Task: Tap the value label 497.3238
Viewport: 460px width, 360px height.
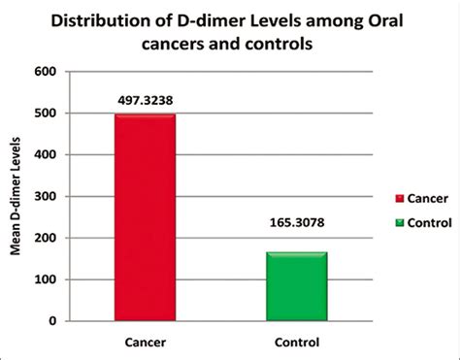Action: [145, 97]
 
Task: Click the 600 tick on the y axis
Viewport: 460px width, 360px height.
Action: [46, 72]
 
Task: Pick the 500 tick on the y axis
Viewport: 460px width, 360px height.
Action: [46, 114]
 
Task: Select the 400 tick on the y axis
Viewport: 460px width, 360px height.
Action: [46, 155]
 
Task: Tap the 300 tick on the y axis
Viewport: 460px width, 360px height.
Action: [46, 197]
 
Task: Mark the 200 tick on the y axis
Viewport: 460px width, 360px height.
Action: [46, 238]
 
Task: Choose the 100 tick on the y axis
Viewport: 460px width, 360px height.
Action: [46, 279]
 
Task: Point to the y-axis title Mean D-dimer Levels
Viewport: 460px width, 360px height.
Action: [16, 197]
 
